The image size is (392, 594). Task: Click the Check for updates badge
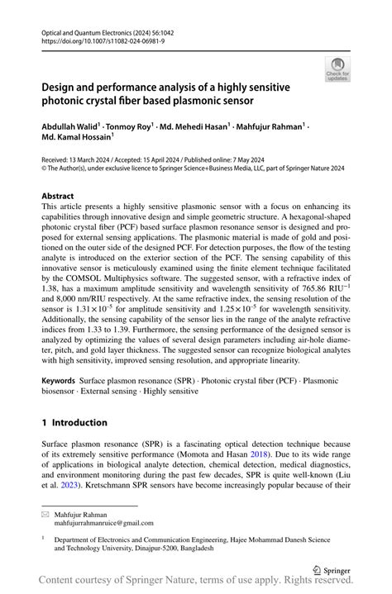click(338, 69)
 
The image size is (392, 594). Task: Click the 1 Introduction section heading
click(74, 422)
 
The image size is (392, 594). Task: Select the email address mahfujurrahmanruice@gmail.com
click(104, 523)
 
